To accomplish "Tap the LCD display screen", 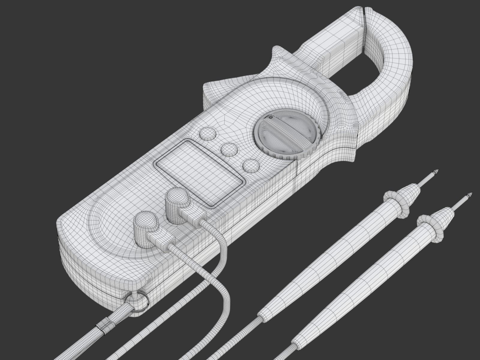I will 199,172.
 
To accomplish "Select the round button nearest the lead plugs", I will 251,166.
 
